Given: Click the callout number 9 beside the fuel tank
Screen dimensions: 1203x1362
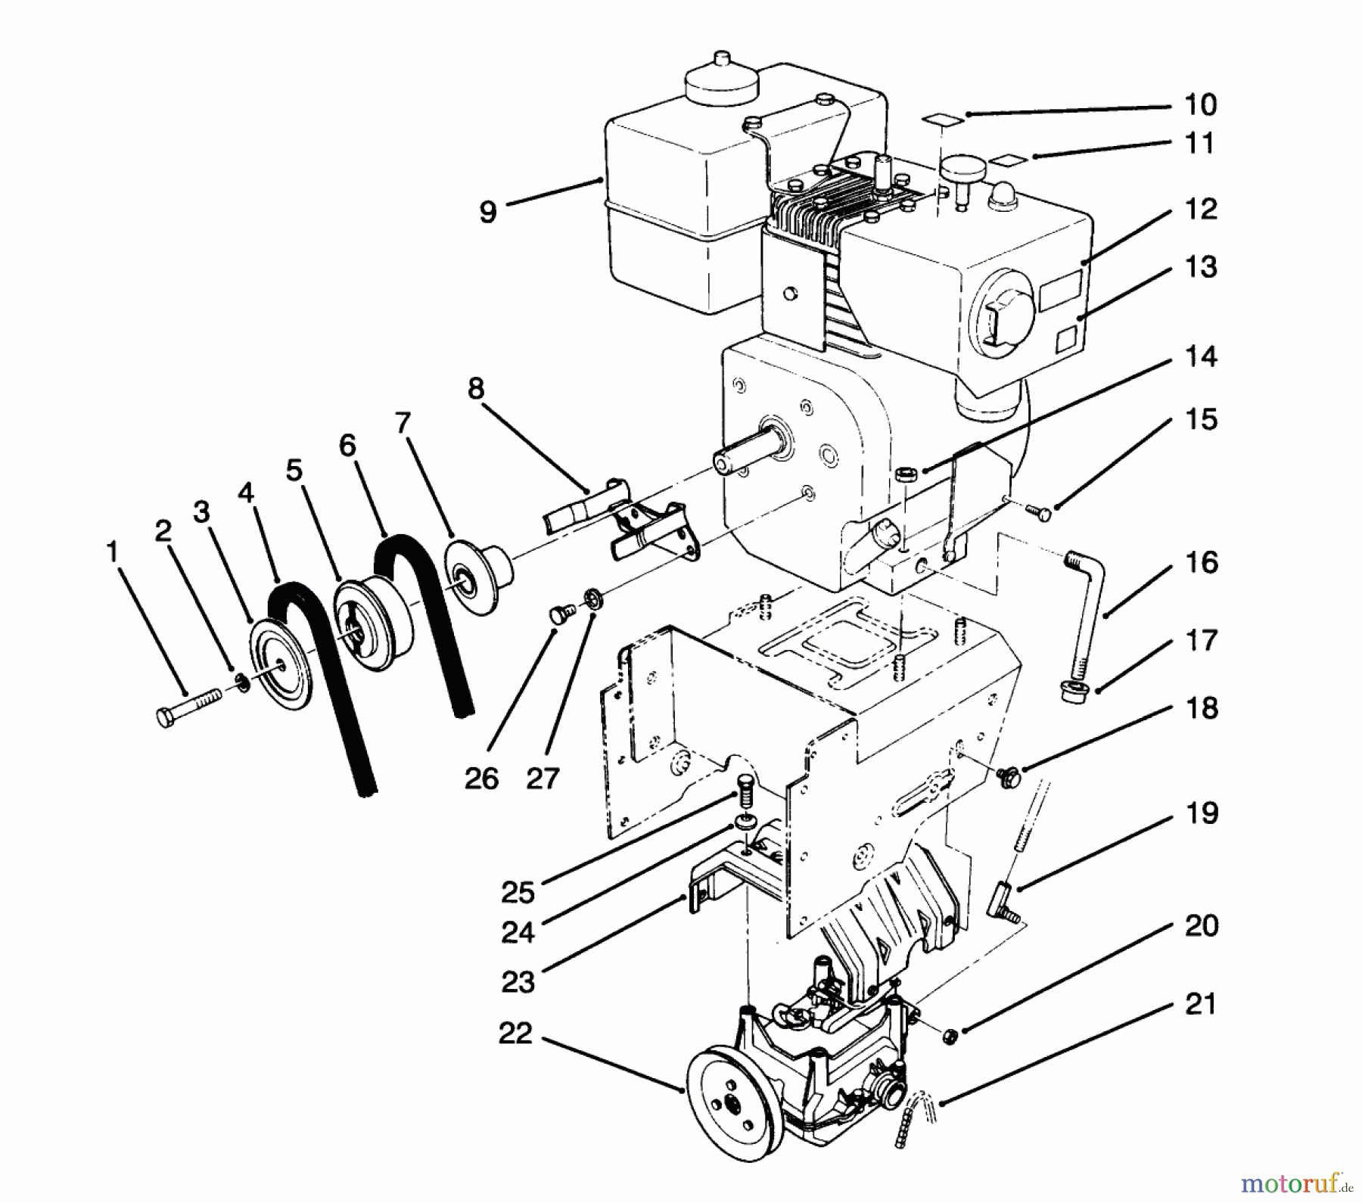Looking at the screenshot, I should point(488,211).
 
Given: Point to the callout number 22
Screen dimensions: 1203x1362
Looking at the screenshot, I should point(515,1034).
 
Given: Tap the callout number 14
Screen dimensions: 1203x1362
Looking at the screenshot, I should point(1199,357).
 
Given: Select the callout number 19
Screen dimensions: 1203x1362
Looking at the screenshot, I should point(1199,815).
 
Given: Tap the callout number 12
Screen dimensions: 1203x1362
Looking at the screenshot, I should point(1199,210).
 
